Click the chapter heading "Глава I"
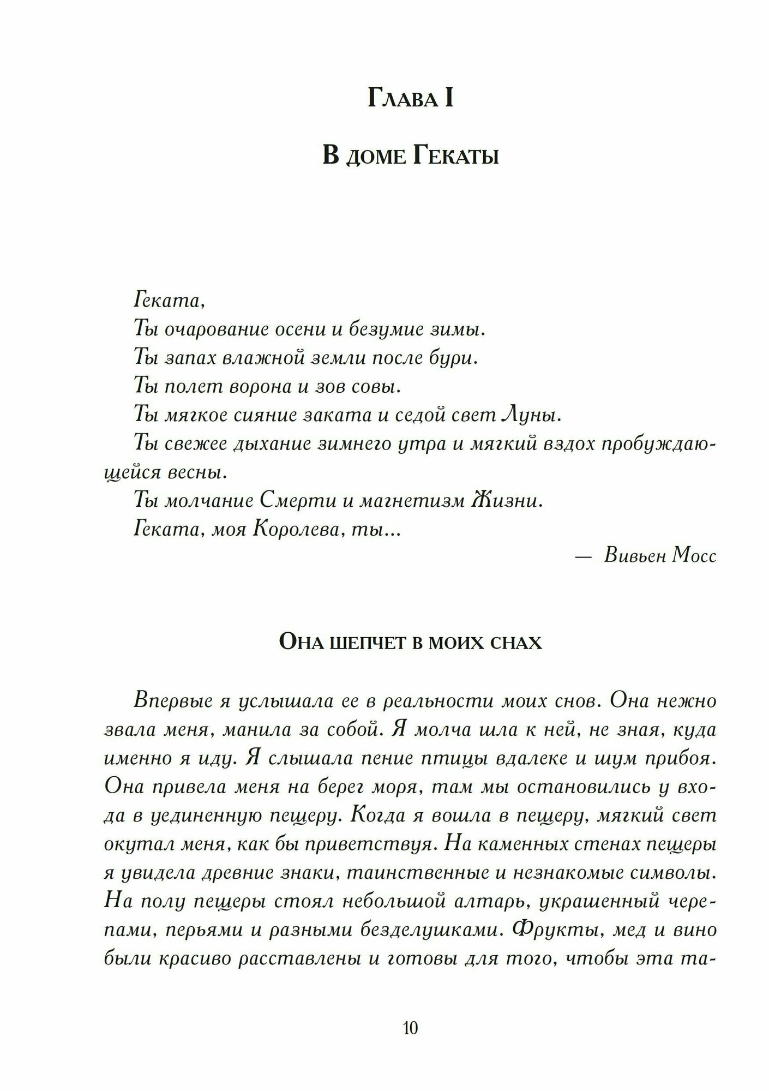pyautogui.click(x=410, y=99)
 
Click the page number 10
pyautogui.click(x=410, y=1028)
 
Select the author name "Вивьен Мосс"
pyautogui.click(x=660, y=556)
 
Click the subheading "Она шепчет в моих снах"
pyautogui.click(x=410, y=642)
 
